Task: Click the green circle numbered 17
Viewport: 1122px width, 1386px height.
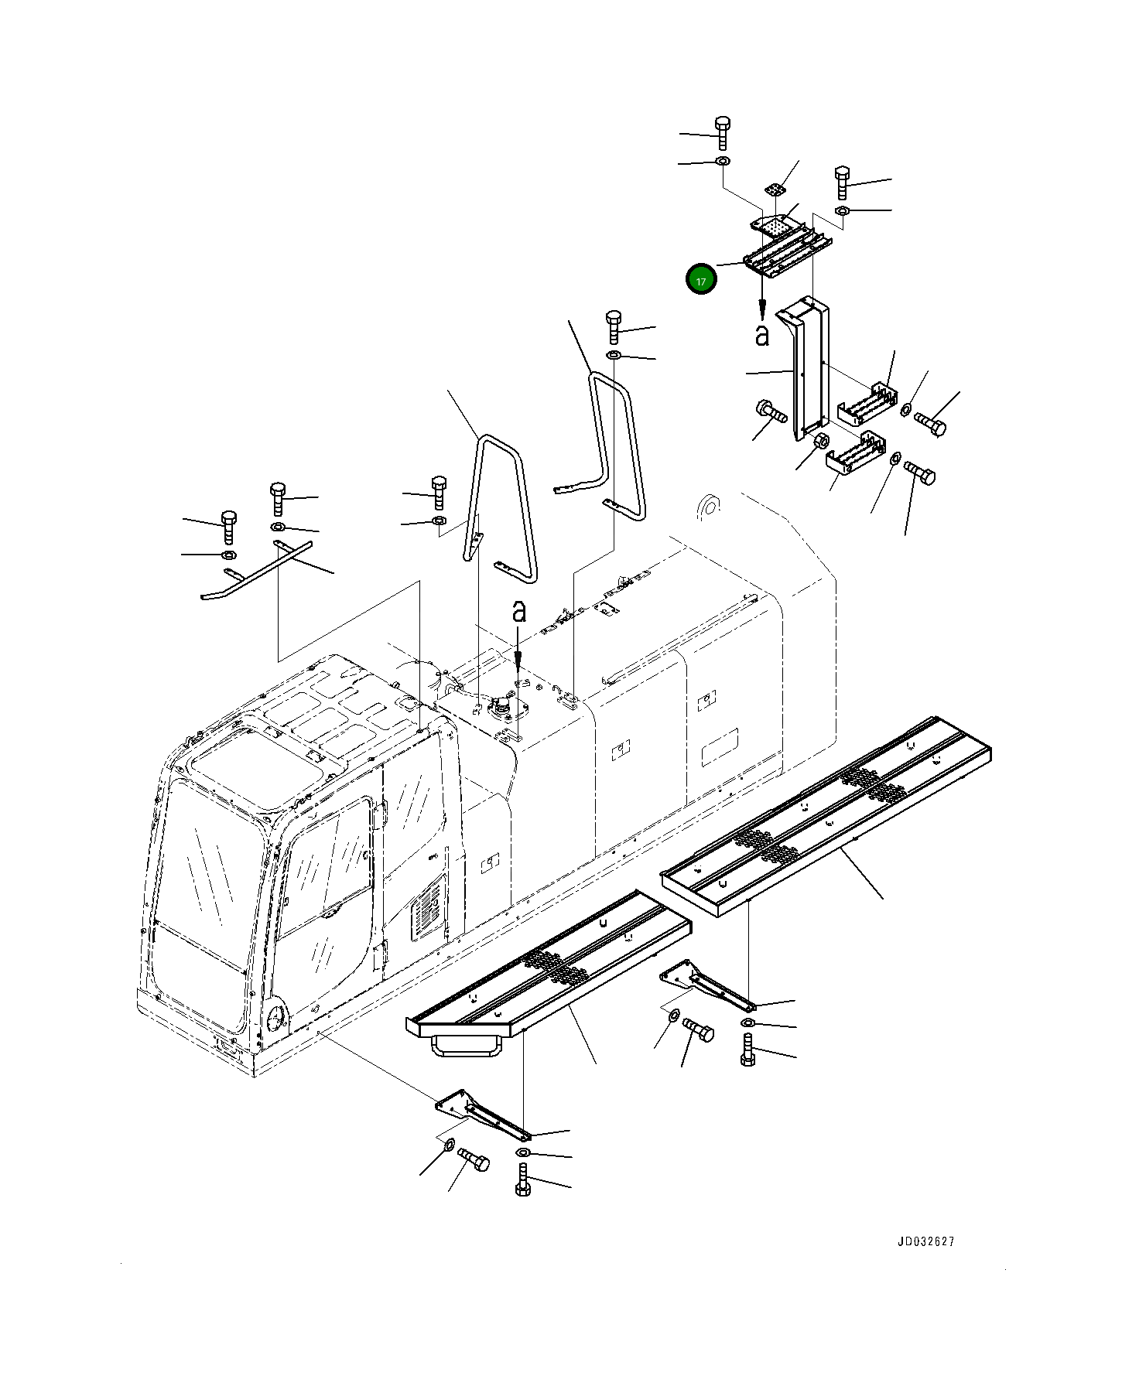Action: (x=701, y=280)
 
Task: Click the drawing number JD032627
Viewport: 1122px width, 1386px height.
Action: (x=925, y=1241)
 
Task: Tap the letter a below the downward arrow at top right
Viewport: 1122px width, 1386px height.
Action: (x=762, y=335)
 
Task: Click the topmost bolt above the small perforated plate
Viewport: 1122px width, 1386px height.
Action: (x=722, y=132)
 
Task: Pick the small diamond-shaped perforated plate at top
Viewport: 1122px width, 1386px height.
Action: (x=775, y=189)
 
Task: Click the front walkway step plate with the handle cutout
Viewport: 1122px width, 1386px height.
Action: (x=549, y=967)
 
